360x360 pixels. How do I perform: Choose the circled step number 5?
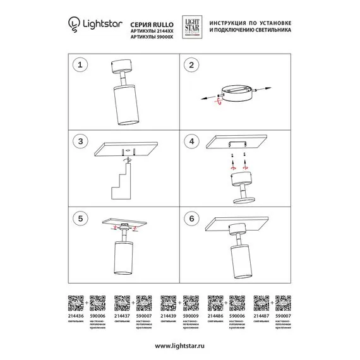point(79,217)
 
